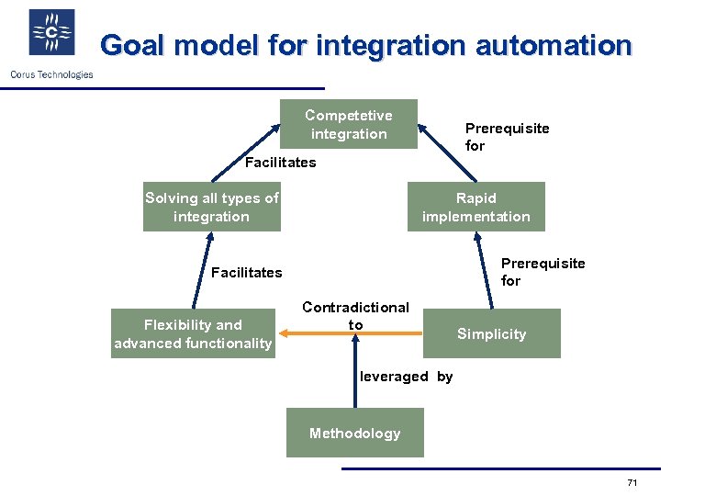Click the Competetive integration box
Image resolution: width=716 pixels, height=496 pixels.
point(348,124)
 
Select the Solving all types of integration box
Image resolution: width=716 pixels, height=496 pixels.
point(211,208)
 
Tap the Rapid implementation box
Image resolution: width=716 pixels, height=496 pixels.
point(475,207)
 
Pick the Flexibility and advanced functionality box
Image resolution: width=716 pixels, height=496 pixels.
point(193,333)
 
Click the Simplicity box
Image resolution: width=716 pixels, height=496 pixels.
point(491,333)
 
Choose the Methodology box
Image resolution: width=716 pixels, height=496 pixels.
point(354,433)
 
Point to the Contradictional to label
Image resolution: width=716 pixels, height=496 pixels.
point(355,315)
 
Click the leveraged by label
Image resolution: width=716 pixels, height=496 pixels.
point(406,377)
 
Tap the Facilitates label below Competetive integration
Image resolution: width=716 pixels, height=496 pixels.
point(280,163)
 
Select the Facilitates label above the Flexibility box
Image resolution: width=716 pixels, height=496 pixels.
point(246,273)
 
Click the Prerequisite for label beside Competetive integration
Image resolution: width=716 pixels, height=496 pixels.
point(507,137)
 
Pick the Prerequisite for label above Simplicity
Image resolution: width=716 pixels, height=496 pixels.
point(543,272)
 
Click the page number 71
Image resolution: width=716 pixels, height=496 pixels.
point(632,483)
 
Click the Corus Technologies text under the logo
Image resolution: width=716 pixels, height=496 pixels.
point(51,74)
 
